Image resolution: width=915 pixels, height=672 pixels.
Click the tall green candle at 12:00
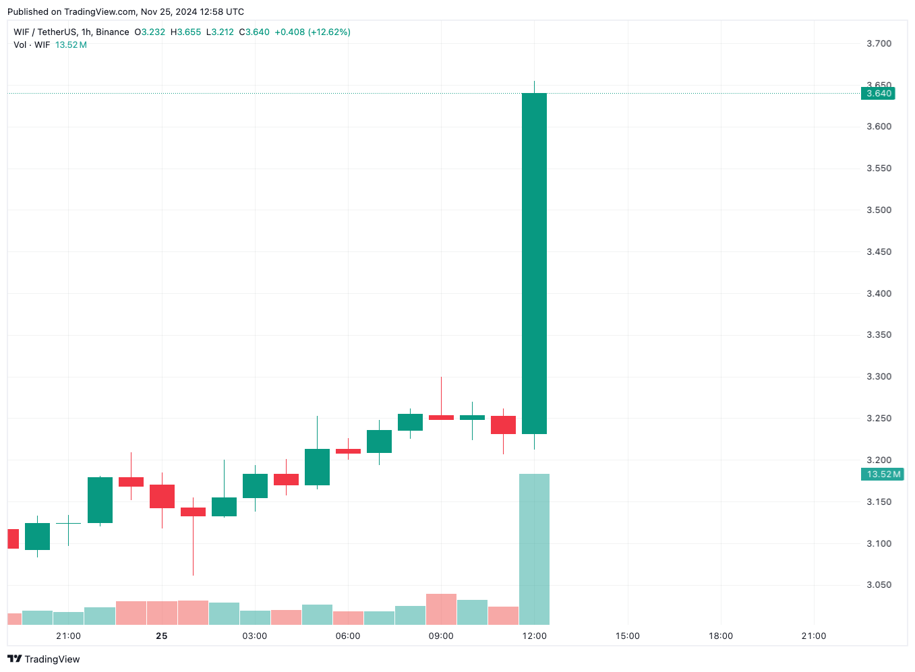point(534,263)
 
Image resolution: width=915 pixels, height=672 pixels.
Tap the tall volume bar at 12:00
point(534,549)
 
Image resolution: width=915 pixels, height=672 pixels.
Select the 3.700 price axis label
point(879,44)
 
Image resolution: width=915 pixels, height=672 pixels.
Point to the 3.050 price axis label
point(879,585)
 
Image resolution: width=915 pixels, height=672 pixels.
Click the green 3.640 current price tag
point(878,94)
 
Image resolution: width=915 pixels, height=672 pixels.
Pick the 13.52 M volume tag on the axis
point(883,475)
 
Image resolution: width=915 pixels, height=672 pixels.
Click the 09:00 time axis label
point(441,636)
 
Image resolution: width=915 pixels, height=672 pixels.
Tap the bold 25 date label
point(161,636)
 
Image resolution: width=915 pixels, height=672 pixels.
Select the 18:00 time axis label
point(720,636)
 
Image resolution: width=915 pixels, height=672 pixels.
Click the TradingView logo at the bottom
point(44,659)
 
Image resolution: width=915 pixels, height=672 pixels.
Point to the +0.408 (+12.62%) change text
point(312,32)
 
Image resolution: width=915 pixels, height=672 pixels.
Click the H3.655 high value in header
point(185,32)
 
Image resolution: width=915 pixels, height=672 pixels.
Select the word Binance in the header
point(113,32)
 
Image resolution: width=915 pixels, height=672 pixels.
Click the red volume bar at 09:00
point(441,609)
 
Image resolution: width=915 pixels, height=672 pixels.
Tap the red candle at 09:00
point(441,417)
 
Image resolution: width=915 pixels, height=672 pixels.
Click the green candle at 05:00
point(317,466)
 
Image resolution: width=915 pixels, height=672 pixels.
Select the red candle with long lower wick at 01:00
point(193,512)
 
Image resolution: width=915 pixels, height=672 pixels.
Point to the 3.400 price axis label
point(879,293)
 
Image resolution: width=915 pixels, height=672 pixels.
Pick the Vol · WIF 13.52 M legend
point(50,44)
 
